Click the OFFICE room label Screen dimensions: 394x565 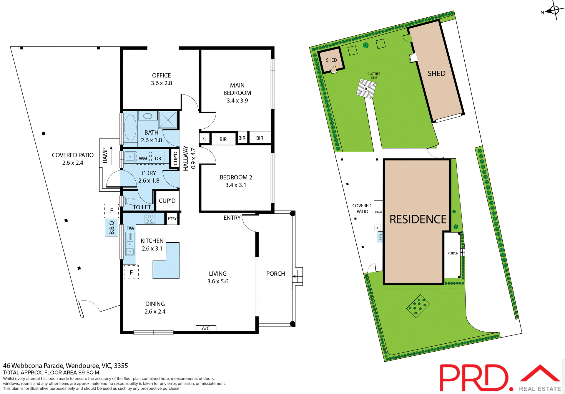tap(161, 76)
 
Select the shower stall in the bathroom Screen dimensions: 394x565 tap(168, 120)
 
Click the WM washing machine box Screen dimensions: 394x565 tap(143, 158)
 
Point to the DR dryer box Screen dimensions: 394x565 tap(158, 158)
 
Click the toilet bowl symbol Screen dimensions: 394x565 tap(129, 201)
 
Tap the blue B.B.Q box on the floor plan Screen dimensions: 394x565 tap(112, 228)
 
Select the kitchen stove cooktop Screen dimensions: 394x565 tap(150, 218)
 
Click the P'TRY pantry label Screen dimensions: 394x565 tap(172, 218)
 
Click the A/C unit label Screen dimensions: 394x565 tap(206, 328)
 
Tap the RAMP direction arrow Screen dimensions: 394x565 tap(111, 155)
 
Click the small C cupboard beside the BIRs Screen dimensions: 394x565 tap(205, 138)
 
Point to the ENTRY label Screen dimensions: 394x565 tap(232, 218)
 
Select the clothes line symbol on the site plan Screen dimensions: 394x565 tap(366, 88)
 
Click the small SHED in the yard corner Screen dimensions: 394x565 tap(331, 60)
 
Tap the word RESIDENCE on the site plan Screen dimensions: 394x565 tap(418, 219)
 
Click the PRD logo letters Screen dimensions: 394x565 tap(474, 378)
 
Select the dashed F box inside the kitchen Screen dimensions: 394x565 tap(131, 272)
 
